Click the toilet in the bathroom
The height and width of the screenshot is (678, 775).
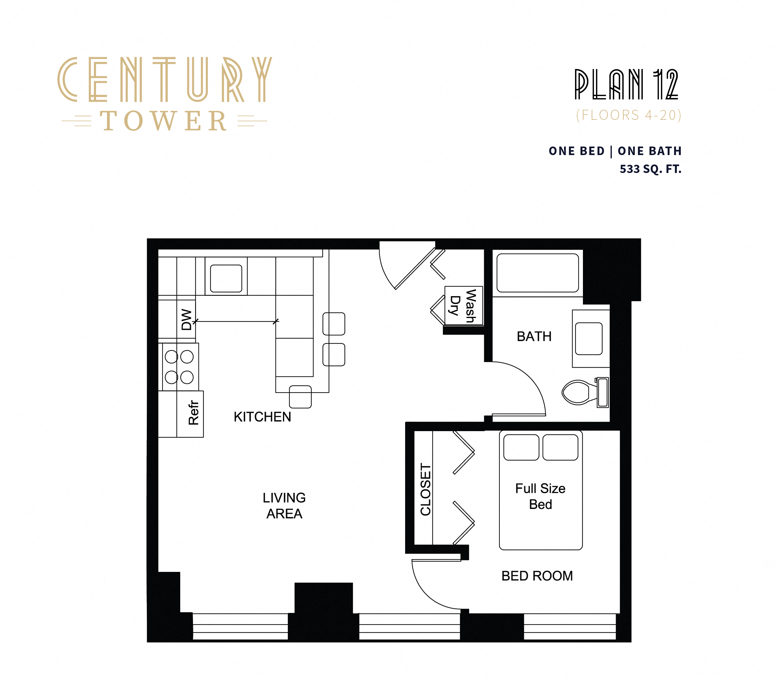click(579, 392)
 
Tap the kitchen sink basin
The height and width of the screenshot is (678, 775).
click(226, 278)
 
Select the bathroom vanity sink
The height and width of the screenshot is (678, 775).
click(588, 339)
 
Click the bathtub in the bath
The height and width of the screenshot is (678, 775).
click(537, 273)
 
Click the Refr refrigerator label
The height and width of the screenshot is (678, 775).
click(193, 413)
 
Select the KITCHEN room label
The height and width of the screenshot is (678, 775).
click(262, 417)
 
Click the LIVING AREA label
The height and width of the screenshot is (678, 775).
click(284, 506)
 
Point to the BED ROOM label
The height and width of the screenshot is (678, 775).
click(537, 576)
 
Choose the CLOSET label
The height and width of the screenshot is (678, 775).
click(425, 489)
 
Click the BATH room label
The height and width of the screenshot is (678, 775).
click(534, 336)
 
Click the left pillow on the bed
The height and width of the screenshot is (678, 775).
click(521, 447)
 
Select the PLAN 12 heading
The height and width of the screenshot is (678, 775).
click(626, 85)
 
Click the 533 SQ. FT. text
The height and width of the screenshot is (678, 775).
click(650, 169)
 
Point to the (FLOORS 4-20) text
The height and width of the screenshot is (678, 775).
click(628, 115)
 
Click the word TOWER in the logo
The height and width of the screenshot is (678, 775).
click(164, 121)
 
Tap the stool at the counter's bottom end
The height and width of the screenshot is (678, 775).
click(300, 396)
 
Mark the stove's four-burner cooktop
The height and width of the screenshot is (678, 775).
click(179, 367)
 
